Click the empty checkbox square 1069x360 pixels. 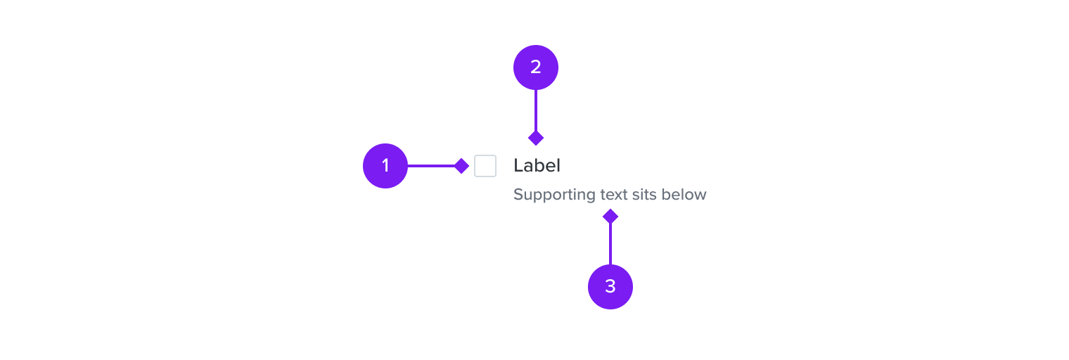tap(485, 166)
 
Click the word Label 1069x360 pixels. tap(537, 165)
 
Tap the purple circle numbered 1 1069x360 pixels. tap(385, 166)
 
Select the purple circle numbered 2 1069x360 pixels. tap(535, 67)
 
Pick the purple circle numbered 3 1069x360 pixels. tap(610, 287)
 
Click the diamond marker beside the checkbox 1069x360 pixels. tap(461, 166)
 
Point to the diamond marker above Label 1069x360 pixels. tap(536, 139)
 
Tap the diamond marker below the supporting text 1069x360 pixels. tap(610, 217)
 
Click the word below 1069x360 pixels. tap(684, 194)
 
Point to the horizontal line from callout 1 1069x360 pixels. tap(431, 166)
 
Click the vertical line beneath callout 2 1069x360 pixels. tap(536, 110)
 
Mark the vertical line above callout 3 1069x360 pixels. tap(610, 244)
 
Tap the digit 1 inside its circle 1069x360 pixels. tap(385, 165)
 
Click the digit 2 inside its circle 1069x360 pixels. tap(535, 67)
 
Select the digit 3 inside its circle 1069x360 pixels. tap(610, 287)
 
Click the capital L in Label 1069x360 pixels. tap(518, 166)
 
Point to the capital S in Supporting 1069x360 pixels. tap(518, 195)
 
